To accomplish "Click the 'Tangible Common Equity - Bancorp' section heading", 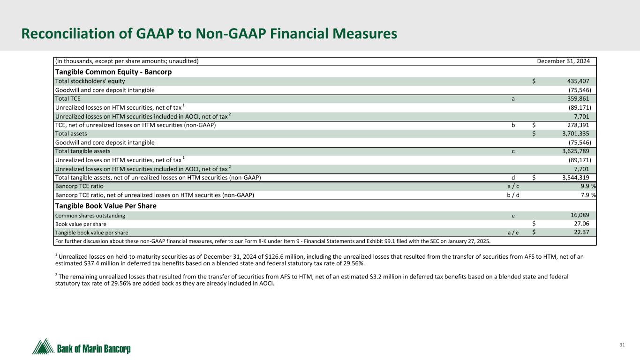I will pyautogui.click(x=113, y=72).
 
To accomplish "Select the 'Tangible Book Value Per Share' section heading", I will pyautogui.click(x=106, y=206).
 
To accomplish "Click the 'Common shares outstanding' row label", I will pyautogui.click(x=90, y=216).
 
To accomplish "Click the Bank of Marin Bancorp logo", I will pyautogui.click(x=82, y=347).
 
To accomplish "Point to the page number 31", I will pyautogui.click(x=622, y=345).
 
